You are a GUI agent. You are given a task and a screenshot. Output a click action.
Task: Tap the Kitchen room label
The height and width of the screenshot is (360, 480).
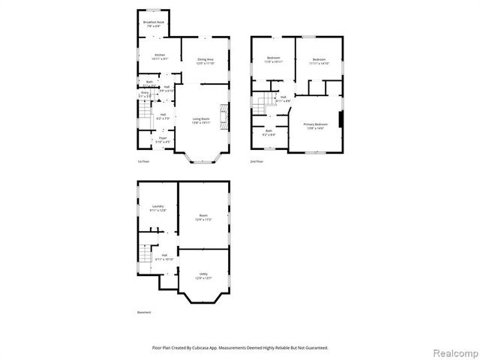coord(160,56)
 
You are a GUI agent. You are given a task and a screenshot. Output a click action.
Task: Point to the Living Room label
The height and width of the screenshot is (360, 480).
coord(201,120)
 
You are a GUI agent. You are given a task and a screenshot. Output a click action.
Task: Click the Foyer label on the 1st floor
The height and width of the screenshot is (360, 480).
coord(162,139)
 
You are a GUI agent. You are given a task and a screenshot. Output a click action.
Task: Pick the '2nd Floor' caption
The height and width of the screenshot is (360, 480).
coord(257,161)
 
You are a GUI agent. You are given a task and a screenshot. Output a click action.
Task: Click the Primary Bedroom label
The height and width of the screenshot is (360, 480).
coord(316,125)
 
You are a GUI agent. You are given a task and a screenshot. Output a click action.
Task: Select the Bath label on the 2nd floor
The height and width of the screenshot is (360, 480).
coord(268,132)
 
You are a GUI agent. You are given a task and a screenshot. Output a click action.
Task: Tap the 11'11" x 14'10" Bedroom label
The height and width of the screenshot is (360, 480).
coord(319,61)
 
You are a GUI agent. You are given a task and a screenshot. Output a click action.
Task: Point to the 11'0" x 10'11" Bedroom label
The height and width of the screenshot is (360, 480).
coord(272,61)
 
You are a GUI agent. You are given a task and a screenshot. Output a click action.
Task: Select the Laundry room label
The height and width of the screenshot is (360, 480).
coord(157,208)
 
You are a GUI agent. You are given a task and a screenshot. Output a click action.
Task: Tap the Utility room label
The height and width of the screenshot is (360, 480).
coord(203,276)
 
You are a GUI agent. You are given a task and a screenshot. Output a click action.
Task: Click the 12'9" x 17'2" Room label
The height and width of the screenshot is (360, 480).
coord(203,218)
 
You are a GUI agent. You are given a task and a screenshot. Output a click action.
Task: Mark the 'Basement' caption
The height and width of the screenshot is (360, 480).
coord(144,312)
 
